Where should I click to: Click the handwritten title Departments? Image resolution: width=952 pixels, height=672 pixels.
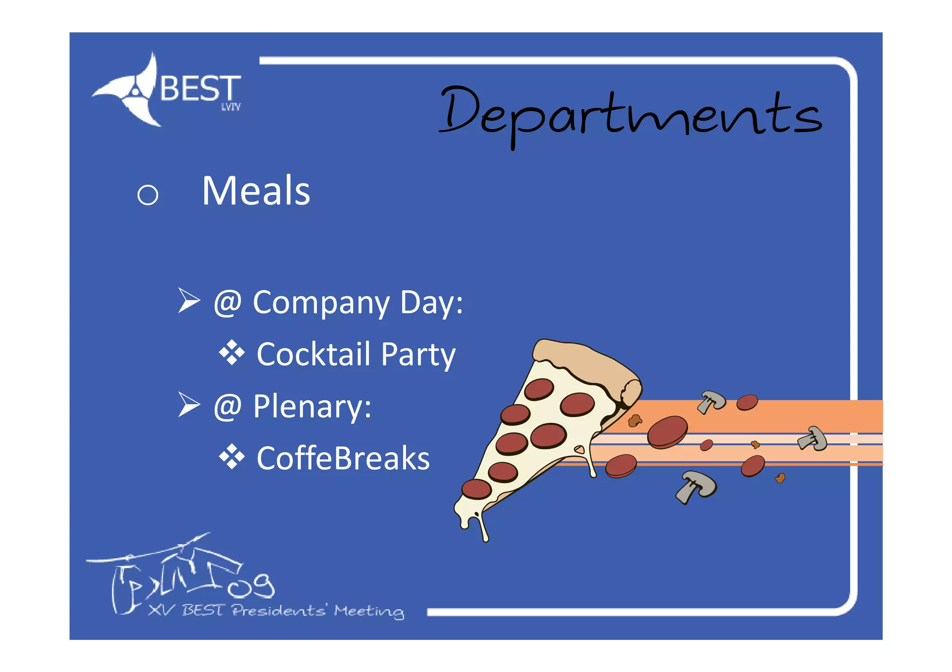(x=630, y=114)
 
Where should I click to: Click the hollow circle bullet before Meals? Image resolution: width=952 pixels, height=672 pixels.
(x=148, y=195)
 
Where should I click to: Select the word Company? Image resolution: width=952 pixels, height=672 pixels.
(x=321, y=303)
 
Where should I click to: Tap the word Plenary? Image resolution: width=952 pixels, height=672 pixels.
(x=312, y=407)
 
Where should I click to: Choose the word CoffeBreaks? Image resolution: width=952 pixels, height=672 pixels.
(x=343, y=458)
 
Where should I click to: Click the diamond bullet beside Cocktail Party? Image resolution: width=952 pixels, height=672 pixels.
(x=231, y=353)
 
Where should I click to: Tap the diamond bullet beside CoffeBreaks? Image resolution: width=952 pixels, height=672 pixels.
(x=231, y=457)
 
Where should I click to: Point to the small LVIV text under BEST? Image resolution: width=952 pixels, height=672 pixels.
(x=231, y=107)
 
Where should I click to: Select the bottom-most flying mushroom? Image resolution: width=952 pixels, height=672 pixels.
(x=696, y=486)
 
